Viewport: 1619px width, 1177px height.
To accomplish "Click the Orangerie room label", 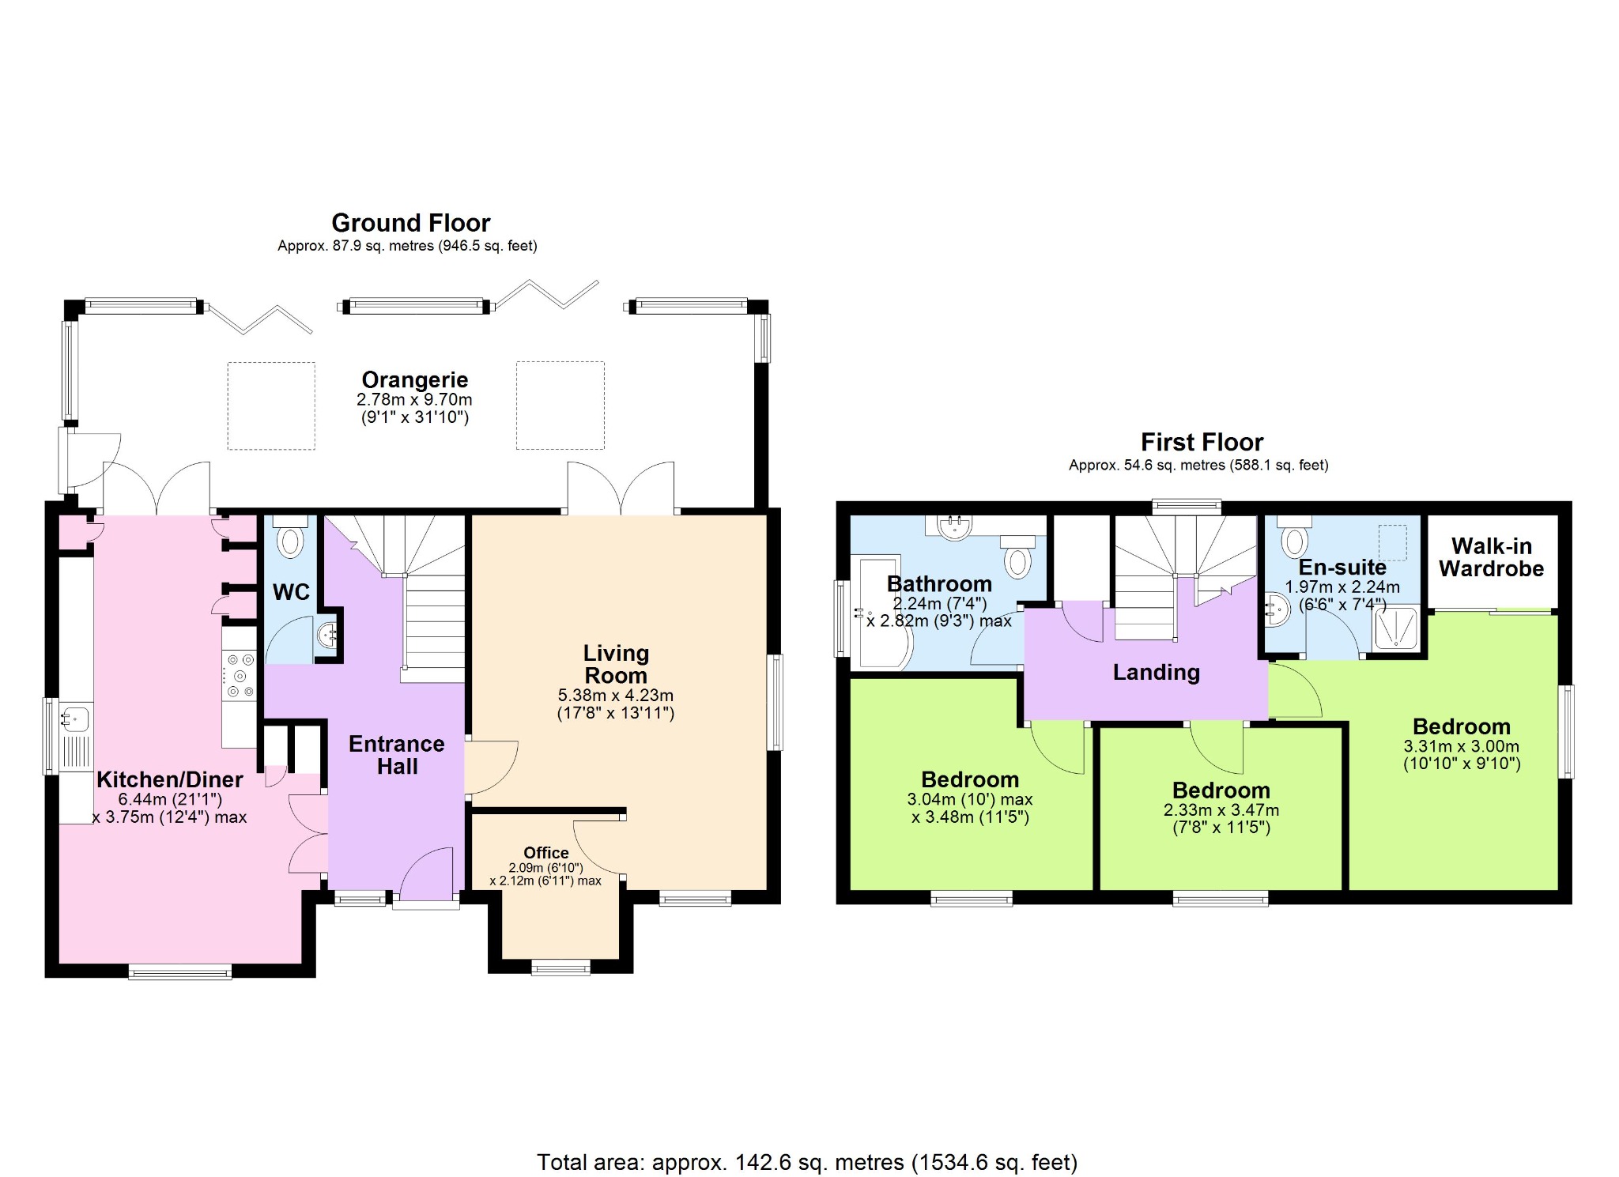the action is pos(415,379).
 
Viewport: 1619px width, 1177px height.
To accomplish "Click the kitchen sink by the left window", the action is pos(77,719).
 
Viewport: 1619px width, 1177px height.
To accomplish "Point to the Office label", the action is pos(546,852).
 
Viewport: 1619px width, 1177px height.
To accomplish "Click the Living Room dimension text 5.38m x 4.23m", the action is pos(616,696).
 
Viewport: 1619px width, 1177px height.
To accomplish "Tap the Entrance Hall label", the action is pos(397,755).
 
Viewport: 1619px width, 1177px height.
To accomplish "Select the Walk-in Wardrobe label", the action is pos(1491,557).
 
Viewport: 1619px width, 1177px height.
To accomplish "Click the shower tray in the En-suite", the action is pos(1395,628).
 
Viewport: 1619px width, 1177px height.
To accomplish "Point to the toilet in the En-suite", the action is pos(1294,537).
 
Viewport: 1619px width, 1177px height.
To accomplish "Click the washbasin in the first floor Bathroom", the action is pos(955,526).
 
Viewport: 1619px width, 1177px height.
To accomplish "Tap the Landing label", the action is pos(1157,673).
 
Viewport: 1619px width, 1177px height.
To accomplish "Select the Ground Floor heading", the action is pos(411,223).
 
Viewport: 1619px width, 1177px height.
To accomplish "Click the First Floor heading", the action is pos(1202,442).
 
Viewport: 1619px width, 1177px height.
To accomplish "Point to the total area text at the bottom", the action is pos(807,1162).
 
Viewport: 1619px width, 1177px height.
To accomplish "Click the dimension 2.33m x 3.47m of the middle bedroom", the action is pos(1221,810).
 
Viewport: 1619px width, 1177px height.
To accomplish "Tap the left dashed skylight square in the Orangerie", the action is pos(271,406).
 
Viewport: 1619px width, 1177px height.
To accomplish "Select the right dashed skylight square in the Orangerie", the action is pos(560,405).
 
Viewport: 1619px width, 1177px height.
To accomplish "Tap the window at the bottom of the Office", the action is pos(560,968).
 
